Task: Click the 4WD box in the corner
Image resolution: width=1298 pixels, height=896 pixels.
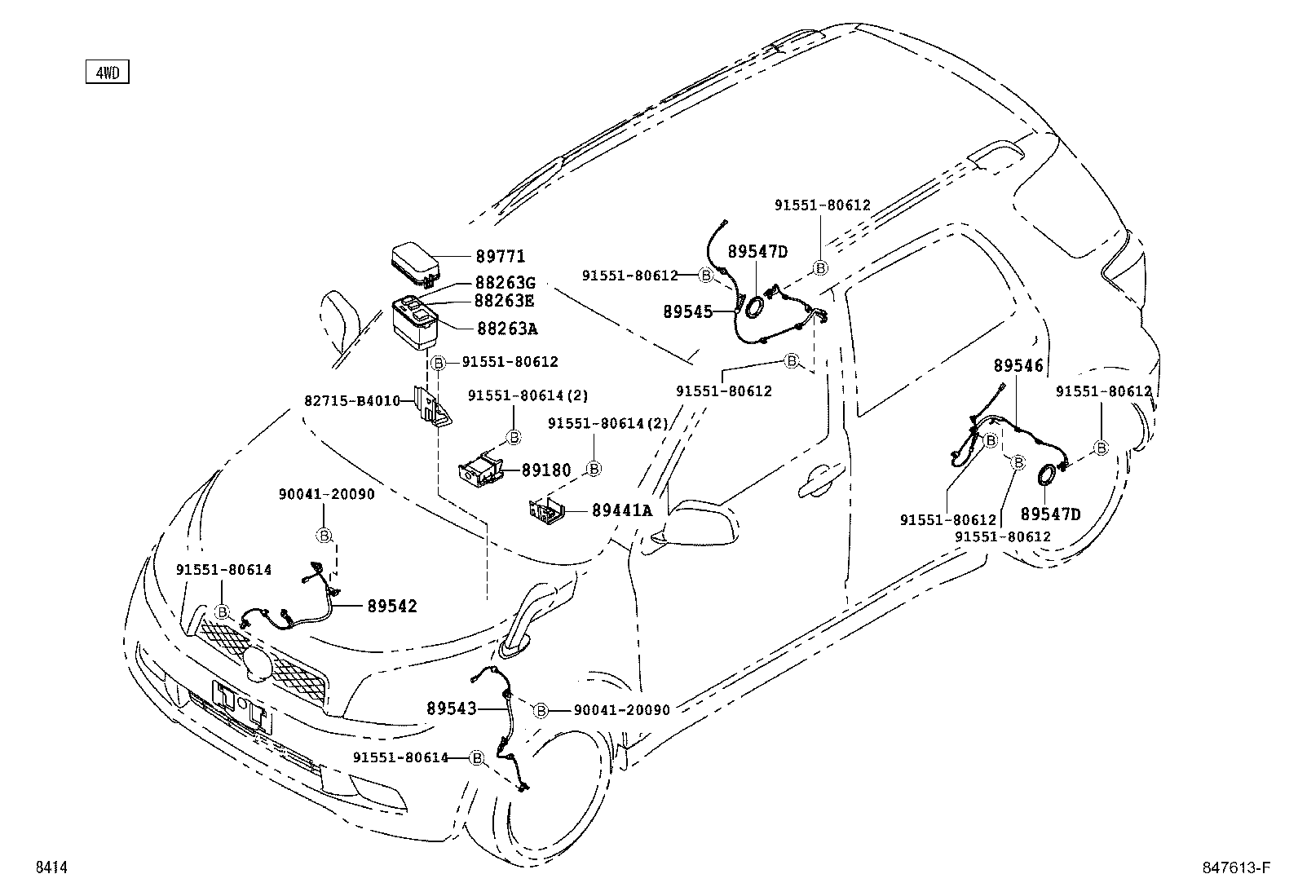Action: click(x=108, y=73)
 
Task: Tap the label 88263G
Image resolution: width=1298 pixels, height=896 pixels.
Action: click(x=506, y=283)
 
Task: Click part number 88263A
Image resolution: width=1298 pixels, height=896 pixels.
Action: click(x=506, y=329)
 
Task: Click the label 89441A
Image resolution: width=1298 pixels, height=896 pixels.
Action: click(x=622, y=511)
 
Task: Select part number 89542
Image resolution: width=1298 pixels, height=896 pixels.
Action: click(x=391, y=606)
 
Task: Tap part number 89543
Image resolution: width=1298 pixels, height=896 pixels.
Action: click(x=452, y=708)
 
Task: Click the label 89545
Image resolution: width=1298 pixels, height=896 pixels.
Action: click(x=688, y=311)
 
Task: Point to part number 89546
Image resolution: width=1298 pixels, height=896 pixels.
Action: click(x=1018, y=367)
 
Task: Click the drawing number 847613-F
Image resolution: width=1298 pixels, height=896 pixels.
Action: click(x=1234, y=867)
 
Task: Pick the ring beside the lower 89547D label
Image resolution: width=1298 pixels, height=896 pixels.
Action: click(x=1046, y=474)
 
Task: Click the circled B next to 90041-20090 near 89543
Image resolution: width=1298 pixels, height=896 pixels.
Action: click(x=541, y=710)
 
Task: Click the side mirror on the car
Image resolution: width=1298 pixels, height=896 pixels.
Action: click(x=702, y=524)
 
